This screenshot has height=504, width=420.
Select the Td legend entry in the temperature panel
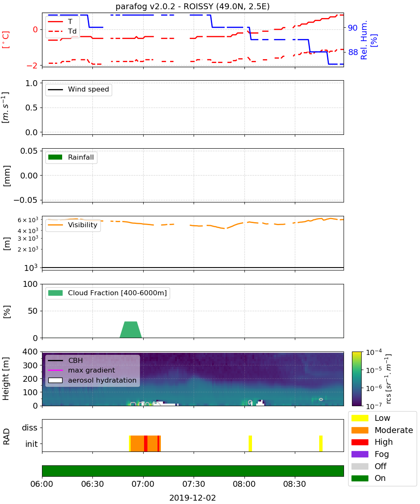(62, 31)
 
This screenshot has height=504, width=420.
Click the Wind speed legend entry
(79, 89)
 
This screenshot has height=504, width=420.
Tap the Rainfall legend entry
(71, 157)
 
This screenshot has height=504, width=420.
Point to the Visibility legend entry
(73, 225)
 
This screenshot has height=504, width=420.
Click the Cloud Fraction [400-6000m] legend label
(117, 293)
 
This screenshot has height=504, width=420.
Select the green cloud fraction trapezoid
(131, 329)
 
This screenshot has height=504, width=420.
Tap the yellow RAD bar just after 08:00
(250, 444)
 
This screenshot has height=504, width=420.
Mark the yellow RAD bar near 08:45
(321, 444)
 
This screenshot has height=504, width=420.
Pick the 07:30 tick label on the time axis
(194, 484)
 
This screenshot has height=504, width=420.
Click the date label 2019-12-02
(192, 498)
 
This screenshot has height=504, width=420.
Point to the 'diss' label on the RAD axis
(29, 428)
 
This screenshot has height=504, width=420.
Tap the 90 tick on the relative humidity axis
(353, 28)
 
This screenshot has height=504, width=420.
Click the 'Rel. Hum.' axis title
(364, 40)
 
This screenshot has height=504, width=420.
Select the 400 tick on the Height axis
(30, 352)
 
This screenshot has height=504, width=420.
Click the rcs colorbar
(357, 379)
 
